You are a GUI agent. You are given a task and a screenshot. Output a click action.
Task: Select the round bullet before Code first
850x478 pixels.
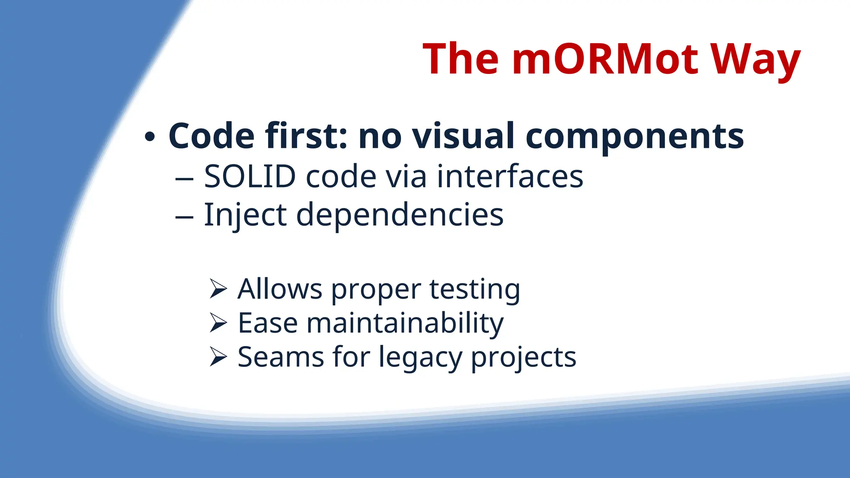150,137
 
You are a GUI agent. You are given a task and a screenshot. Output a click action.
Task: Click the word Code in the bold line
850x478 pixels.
211,136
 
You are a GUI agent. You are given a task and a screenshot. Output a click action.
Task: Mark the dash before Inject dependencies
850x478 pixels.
184,217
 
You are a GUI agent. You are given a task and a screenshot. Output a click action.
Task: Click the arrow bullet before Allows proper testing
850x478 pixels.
218,288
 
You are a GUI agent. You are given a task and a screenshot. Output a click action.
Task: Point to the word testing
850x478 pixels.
474,290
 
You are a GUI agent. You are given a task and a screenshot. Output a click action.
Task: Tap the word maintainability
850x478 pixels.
405,323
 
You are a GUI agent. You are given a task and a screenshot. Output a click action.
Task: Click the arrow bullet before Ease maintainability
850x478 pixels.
218,322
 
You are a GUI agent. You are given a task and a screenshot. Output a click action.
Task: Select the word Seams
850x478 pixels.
281,357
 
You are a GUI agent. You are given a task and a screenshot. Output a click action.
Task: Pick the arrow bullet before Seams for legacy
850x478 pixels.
218,356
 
